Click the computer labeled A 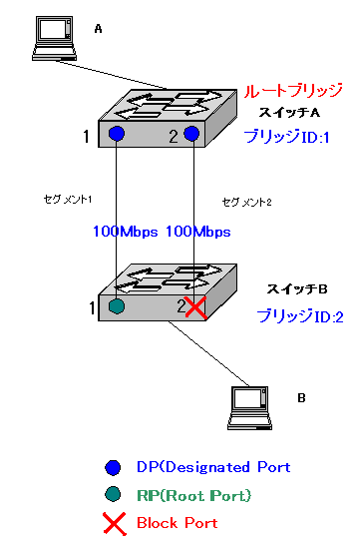point(54,39)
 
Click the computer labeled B point(249,408)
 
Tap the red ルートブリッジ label point(293,91)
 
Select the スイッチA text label point(289,112)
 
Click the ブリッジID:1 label point(286,137)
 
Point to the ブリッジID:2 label point(300,316)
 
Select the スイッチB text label point(297,289)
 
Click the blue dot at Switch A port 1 point(117,133)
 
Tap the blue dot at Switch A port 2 point(191,133)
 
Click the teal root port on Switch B point(117,306)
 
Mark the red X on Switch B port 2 point(195,306)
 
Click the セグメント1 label point(68,199)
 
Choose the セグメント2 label point(247,202)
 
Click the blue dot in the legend point(113,468)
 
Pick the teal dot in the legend point(113,494)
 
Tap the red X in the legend point(114,524)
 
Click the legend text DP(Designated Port point(213,467)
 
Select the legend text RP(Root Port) point(194,495)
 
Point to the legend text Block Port point(178,523)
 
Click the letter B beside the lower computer point(301,398)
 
